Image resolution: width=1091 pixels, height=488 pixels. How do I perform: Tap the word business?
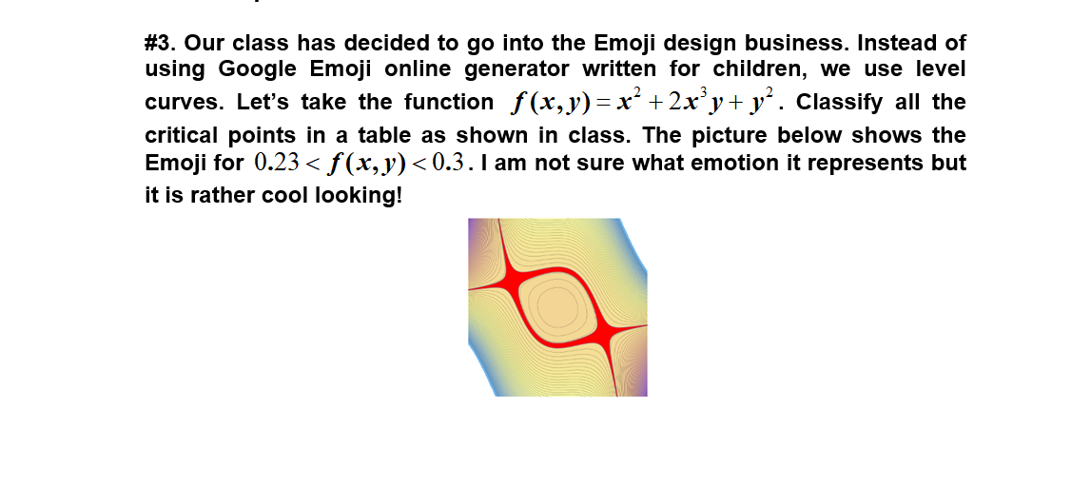(x=799, y=44)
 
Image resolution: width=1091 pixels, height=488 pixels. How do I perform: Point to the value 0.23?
(x=276, y=163)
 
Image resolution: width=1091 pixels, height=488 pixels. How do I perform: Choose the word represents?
(x=852, y=163)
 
